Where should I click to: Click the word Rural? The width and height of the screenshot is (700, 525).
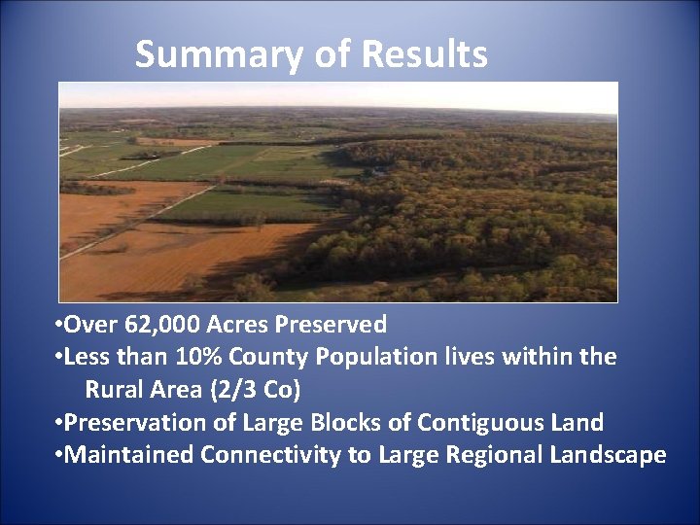(115, 390)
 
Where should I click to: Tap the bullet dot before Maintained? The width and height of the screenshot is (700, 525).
(59, 456)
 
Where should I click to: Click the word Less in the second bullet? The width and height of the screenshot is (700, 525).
(86, 357)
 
